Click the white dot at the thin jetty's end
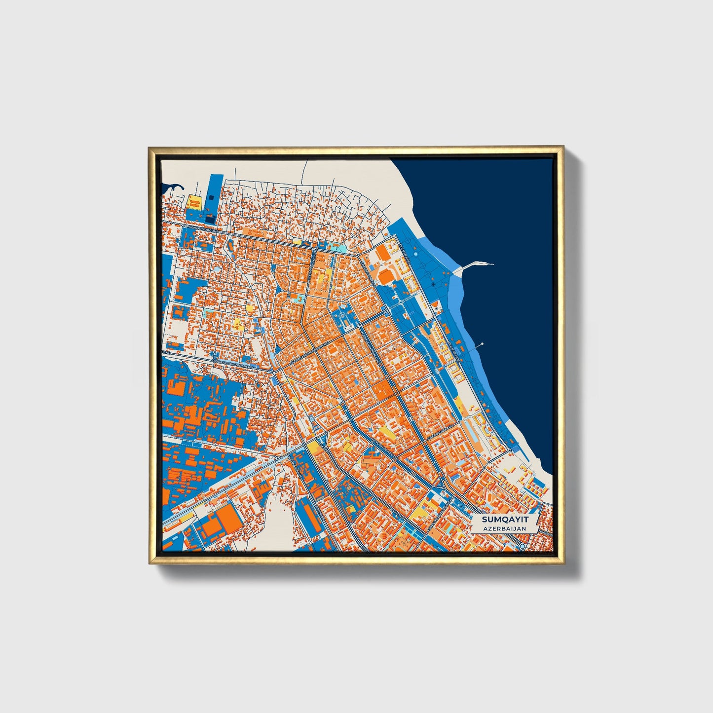coord(482,344)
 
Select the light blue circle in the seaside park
coord(416,254)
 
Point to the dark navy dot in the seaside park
coord(433,285)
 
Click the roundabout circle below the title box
coord(522,547)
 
